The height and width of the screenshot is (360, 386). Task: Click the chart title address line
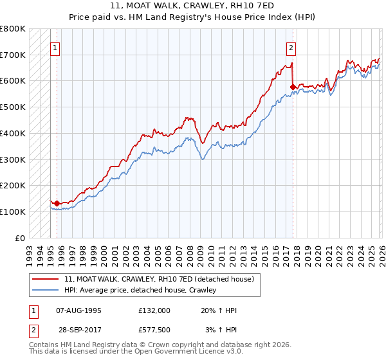[x=193, y=6]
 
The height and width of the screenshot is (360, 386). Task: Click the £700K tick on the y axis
[x=13, y=55]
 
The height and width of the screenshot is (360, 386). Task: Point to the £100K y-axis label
[x=13, y=212]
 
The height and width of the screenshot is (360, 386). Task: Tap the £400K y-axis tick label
[x=13, y=133]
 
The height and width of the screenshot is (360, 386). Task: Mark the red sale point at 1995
[x=57, y=203]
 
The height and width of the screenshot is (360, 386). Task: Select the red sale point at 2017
[x=293, y=87]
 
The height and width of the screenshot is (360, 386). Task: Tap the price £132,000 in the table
[x=154, y=310]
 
